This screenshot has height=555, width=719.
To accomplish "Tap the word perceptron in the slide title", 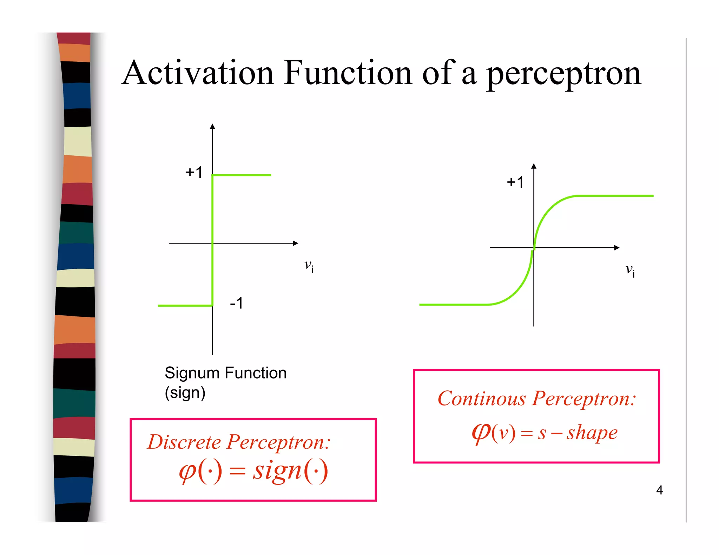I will click(564, 74).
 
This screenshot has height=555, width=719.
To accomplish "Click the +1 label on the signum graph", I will click(194, 173).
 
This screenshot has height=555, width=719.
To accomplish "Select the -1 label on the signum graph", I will click(236, 303).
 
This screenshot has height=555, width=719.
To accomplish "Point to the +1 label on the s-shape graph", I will click(515, 182).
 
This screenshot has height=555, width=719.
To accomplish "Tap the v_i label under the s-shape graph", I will click(630, 270).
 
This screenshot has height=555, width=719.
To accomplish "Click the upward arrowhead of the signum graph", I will click(212, 127).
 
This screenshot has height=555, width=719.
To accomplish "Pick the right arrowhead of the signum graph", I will click(296, 243).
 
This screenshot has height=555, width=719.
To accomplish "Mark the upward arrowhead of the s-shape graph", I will click(534, 166).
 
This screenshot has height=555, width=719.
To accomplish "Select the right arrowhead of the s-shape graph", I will click(617, 248).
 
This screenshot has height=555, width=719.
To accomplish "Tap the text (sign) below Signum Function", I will click(185, 393).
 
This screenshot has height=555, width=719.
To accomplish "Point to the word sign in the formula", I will click(277, 470).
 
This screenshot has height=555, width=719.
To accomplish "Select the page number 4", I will click(659, 490).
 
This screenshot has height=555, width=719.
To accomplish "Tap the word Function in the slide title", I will click(348, 73).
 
